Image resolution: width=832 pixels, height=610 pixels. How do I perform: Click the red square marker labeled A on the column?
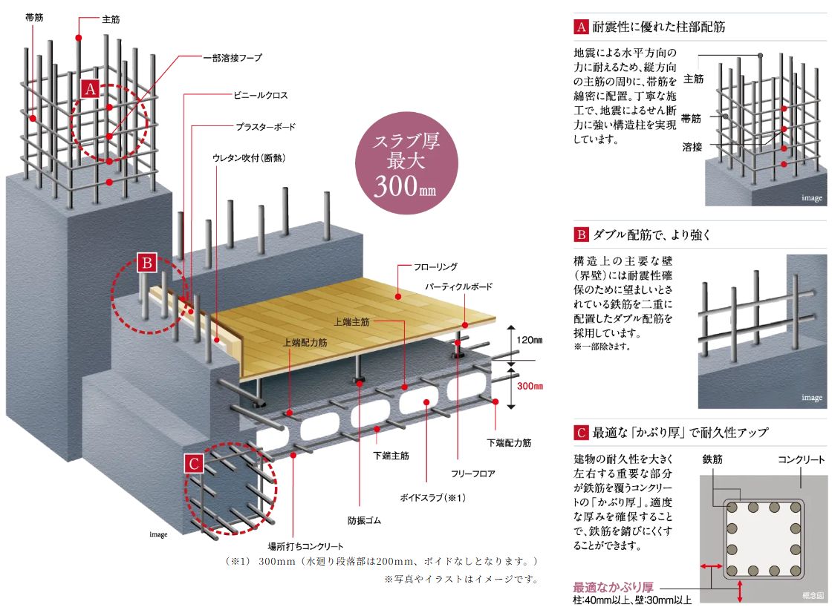click(91, 89)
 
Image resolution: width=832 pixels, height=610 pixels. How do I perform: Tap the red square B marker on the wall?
click(148, 263)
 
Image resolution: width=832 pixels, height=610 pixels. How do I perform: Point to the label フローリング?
click(437, 266)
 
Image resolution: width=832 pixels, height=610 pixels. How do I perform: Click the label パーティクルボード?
click(459, 286)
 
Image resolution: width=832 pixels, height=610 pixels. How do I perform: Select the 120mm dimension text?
click(529, 340)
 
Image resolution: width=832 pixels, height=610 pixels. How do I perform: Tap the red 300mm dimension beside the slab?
click(530, 387)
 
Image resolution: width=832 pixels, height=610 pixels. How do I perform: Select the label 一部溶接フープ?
click(232, 57)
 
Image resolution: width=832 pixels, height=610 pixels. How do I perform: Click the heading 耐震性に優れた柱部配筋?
click(659, 27)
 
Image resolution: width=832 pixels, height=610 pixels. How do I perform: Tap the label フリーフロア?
click(472, 472)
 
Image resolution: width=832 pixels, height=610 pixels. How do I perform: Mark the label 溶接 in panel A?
click(692, 147)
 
